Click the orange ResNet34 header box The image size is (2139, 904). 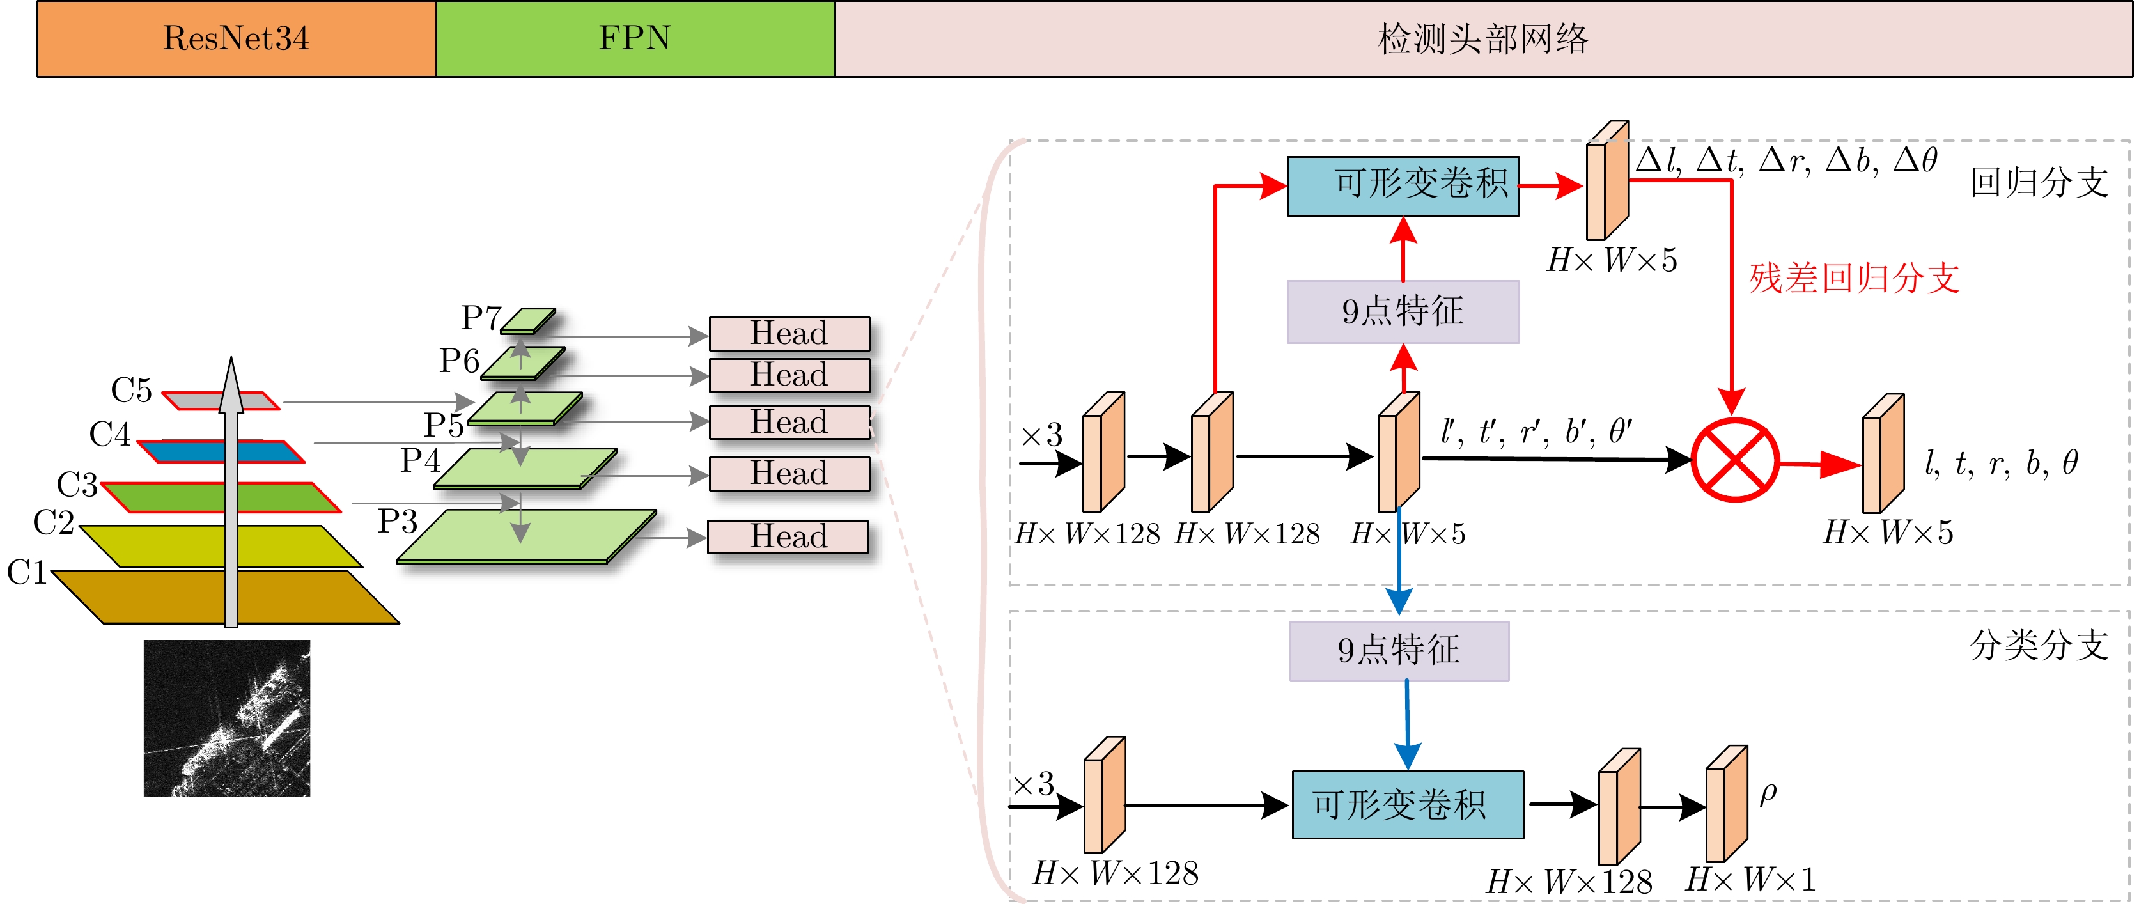point(237,39)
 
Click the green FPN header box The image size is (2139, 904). point(635,39)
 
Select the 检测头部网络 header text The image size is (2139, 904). point(1483,39)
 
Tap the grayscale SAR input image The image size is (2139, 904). point(227,718)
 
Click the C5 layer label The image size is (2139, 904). point(131,390)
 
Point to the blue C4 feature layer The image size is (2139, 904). point(274,451)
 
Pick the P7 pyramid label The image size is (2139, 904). point(481,317)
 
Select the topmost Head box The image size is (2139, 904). point(789,334)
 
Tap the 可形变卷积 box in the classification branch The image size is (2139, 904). point(1408,804)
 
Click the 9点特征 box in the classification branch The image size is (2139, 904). point(1399,651)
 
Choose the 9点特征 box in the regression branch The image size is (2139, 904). point(1403,311)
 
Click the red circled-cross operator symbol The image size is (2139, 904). point(1734,460)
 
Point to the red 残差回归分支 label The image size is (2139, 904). point(1854,278)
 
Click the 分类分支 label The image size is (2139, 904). point(2039,645)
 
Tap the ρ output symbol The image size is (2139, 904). point(1768,793)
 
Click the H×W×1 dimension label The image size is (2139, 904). point(1750,878)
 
